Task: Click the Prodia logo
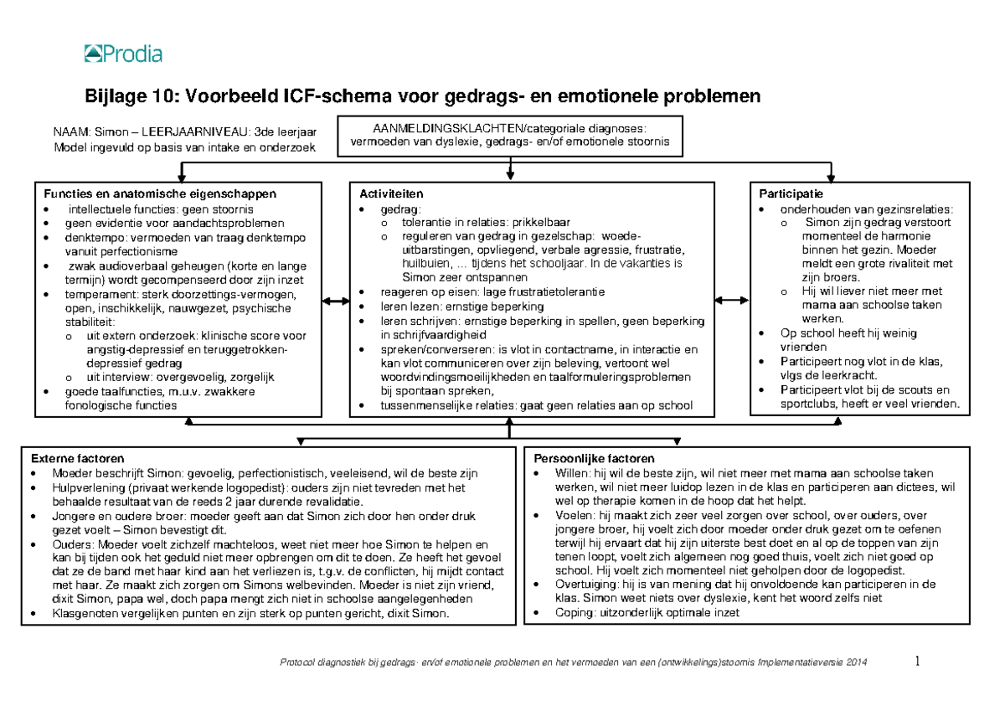pyautogui.click(x=122, y=55)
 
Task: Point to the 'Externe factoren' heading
pyautogui.click(x=77, y=459)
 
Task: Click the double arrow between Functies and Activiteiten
pyautogui.click(x=336, y=301)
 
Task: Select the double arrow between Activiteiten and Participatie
pyautogui.click(x=732, y=301)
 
